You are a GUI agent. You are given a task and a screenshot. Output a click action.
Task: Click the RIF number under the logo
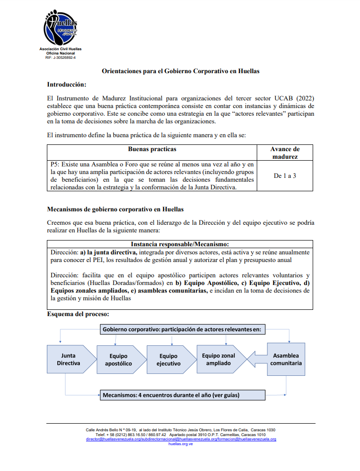[60, 57]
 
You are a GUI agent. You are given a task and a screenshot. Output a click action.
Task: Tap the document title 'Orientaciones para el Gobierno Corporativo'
[180, 71]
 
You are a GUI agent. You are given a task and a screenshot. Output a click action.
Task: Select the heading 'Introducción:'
[66, 85]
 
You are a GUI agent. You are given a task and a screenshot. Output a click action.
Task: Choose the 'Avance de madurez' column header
[285, 153]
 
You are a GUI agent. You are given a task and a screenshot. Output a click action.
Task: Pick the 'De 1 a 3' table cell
[285, 175]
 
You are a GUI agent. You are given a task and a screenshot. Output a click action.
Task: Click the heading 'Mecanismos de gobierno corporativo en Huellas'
[115, 209]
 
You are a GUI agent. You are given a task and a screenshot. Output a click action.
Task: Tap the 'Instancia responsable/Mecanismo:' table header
[180, 243]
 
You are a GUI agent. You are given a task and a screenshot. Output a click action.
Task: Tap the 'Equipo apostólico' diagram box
[118, 360]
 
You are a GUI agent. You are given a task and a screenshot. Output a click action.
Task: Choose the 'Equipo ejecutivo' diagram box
[168, 360]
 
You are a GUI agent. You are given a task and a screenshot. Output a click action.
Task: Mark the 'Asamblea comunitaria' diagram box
[286, 360]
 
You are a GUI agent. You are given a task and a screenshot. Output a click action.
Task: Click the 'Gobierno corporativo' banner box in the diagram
[184, 329]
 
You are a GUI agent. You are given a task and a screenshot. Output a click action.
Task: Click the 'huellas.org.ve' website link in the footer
[181, 444]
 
